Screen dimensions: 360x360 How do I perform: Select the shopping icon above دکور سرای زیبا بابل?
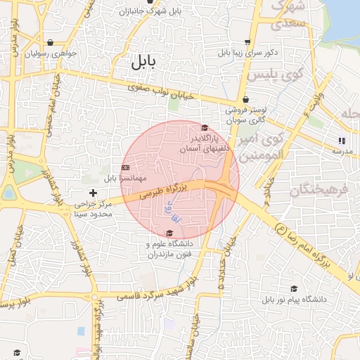click(x=247, y=41)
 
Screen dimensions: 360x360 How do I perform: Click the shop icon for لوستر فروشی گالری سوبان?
click(x=245, y=100)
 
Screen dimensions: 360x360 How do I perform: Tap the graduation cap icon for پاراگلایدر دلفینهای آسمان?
click(x=204, y=128)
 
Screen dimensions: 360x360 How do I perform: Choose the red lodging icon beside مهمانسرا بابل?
click(x=125, y=167)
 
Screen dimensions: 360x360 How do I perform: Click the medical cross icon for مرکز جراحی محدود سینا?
click(x=93, y=192)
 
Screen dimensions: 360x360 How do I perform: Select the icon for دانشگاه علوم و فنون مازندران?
click(x=169, y=233)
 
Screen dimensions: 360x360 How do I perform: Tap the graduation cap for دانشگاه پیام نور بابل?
click(x=294, y=289)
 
